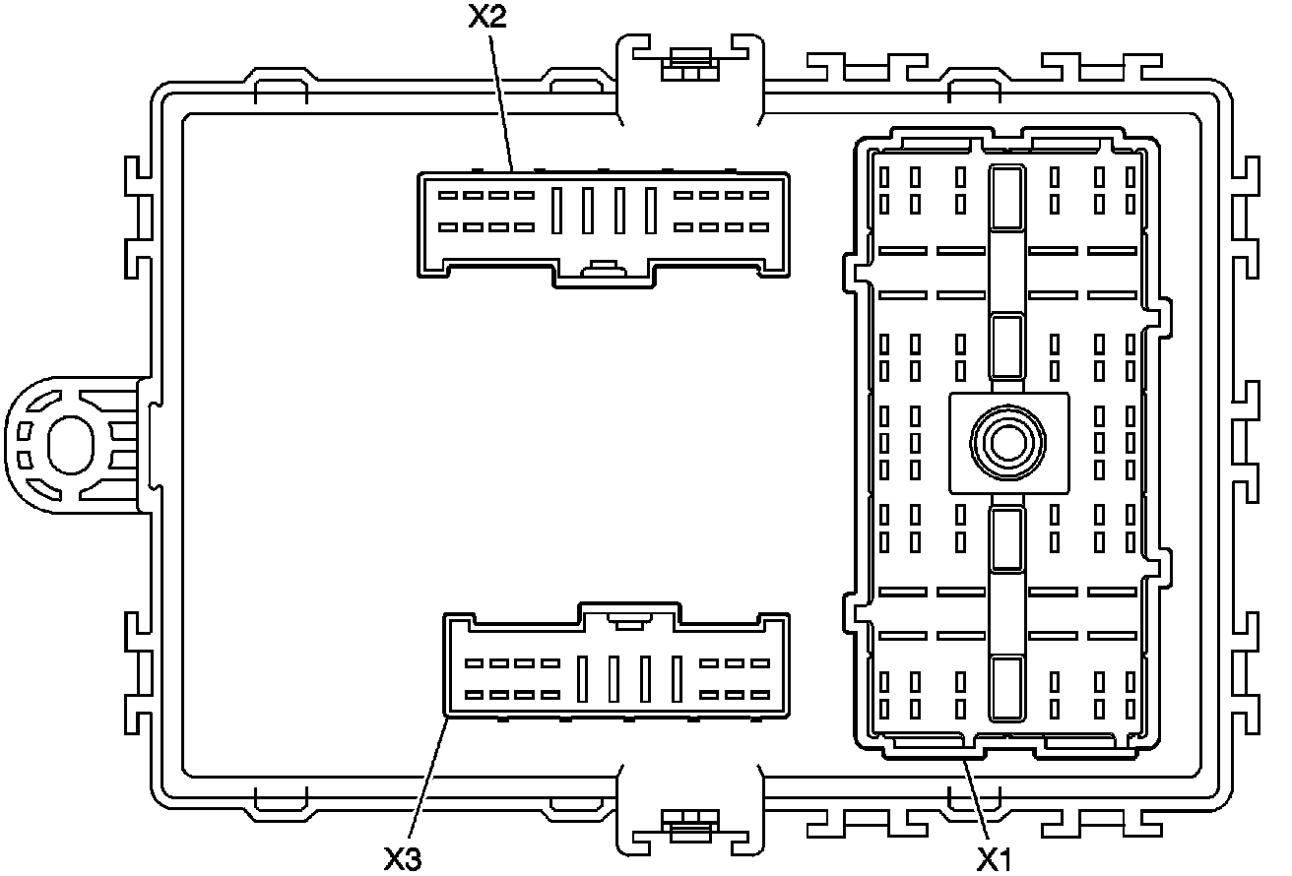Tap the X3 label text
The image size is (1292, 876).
tap(403, 858)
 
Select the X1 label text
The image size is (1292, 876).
tap(995, 858)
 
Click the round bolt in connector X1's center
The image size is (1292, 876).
tap(1007, 443)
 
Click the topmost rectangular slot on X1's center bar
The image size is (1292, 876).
tap(1006, 198)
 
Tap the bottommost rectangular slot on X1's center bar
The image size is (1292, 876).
tap(1006, 689)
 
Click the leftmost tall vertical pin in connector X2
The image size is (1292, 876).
tap(557, 210)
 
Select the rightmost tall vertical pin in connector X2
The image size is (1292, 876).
tap(650, 210)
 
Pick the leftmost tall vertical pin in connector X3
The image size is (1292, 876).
tap(582, 678)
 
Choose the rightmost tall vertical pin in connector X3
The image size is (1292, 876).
tap(677, 678)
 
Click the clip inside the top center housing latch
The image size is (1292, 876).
tap(688, 70)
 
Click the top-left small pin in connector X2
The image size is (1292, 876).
tap(448, 195)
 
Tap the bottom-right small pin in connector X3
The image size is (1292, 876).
tap(759, 695)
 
